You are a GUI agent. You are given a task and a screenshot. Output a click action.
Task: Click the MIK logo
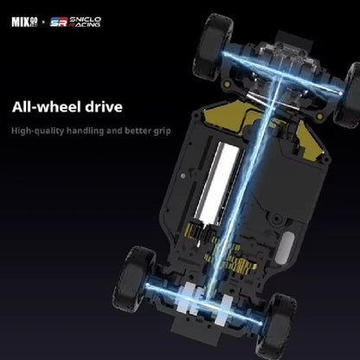[25, 22]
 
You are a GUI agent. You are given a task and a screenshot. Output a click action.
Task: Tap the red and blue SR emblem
[59, 22]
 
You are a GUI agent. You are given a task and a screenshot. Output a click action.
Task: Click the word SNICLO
[85, 19]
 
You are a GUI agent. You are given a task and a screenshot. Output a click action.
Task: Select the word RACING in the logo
[85, 25]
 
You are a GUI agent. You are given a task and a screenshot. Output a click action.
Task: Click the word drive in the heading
[104, 107]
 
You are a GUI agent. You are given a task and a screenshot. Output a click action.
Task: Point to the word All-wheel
[47, 107]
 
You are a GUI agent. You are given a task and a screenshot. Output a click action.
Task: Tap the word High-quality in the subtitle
[38, 131]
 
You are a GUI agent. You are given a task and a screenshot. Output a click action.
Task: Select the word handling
[85, 131]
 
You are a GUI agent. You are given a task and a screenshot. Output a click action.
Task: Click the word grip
[162, 132]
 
